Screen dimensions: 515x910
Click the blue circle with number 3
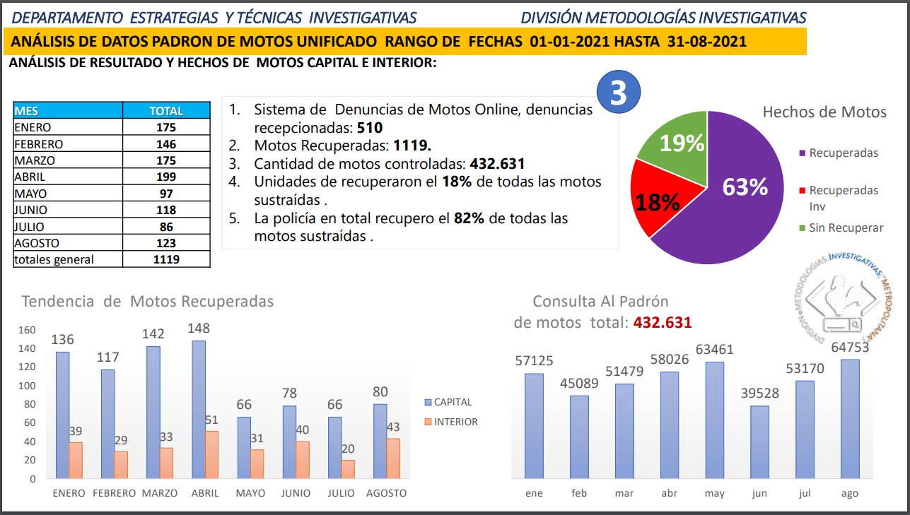pyautogui.click(x=619, y=93)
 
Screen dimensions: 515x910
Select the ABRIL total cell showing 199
pyautogui.click(x=166, y=177)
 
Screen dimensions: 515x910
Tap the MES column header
pyautogui.click(x=68, y=111)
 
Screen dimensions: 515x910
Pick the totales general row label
pyautogui.click(x=68, y=259)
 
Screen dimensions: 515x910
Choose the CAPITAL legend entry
pyautogui.click(x=452, y=402)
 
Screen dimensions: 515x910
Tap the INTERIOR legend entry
pyautogui.click(x=455, y=422)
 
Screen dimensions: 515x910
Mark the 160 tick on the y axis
pyautogui.click(x=27, y=330)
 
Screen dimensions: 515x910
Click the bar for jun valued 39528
pyautogui.click(x=759, y=442)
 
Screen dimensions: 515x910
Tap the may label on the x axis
pyautogui.click(x=714, y=493)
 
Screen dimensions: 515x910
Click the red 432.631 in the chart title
pyautogui.click(x=663, y=322)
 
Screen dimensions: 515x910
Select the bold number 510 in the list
pyautogui.click(x=369, y=128)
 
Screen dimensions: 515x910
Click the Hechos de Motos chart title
pyautogui.click(x=824, y=112)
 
